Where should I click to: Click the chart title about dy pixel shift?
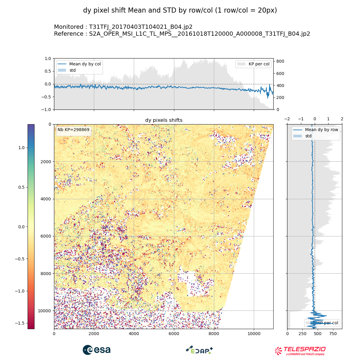point(180,10)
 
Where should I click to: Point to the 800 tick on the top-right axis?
point(280,61)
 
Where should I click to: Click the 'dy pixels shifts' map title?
point(164,120)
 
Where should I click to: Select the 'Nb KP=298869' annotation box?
point(73,130)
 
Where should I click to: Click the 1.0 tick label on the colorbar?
point(21,148)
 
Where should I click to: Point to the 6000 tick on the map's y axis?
point(46,236)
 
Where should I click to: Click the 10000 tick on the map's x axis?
point(254,333)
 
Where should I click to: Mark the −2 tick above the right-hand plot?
point(287,119)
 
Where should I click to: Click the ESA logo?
point(97,350)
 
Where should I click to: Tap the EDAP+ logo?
point(199,350)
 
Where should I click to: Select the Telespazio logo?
point(300,351)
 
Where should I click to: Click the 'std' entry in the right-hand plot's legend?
point(308,136)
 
